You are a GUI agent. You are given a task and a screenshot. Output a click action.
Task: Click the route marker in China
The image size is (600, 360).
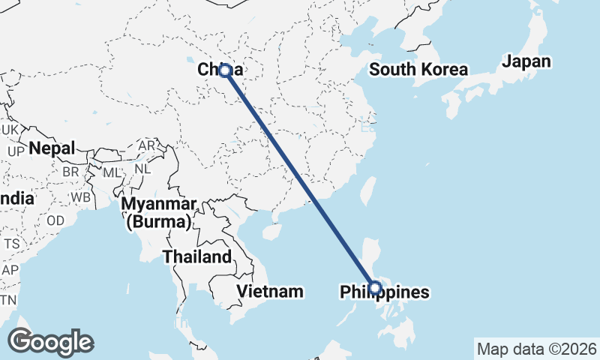224,70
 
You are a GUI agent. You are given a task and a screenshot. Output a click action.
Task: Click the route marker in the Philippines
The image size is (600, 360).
376,286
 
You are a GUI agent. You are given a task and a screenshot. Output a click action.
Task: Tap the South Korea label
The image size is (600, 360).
418,70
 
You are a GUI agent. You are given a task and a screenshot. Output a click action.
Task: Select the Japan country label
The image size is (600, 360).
526,61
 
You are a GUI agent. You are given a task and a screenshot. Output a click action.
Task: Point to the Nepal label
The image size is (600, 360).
52,148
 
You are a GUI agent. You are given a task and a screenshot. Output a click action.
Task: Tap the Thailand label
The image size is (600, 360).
197,256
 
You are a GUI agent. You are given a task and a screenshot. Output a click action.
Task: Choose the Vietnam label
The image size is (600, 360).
269,290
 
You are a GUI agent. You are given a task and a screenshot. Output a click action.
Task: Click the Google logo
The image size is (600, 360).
50,341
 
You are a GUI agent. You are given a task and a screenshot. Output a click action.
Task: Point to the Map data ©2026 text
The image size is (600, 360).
537,349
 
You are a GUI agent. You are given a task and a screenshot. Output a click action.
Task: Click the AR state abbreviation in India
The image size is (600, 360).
148,145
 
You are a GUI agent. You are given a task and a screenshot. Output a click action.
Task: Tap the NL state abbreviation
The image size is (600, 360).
142,169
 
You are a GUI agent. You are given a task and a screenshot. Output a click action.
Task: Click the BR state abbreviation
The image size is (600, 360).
70,172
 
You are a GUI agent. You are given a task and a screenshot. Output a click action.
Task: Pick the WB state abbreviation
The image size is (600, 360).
82,198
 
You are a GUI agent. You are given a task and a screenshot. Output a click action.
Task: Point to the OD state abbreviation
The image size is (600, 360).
55,220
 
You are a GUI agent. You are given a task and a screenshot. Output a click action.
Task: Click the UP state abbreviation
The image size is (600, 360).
16,151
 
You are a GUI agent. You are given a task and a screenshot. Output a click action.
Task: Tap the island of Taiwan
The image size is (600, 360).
367,191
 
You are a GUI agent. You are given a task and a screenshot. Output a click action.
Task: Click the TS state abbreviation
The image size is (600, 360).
11,244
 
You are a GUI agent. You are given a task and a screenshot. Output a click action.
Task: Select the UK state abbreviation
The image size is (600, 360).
9,130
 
